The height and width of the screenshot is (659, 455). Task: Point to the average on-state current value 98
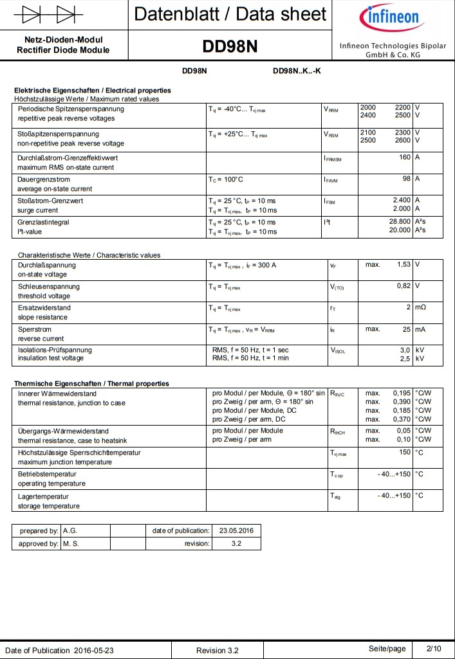click(407, 179)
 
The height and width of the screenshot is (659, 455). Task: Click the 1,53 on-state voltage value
click(403, 264)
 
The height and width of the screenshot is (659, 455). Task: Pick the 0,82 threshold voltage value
click(403, 285)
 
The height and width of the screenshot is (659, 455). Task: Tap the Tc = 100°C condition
click(226, 179)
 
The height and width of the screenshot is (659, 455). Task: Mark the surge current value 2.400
click(402, 201)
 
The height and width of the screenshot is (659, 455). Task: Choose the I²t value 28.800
click(400, 222)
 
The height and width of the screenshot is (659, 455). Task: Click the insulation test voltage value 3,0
click(405, 350)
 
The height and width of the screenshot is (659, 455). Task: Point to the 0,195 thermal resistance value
click(402, 393)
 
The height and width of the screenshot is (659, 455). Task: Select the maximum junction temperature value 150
click(405, 452)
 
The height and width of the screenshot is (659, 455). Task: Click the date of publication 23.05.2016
click(236, 531)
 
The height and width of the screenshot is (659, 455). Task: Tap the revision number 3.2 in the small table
click(236, 544)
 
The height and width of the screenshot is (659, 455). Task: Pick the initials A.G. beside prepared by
click(70, 531)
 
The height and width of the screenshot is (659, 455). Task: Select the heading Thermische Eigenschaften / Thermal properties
click(91, 383)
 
